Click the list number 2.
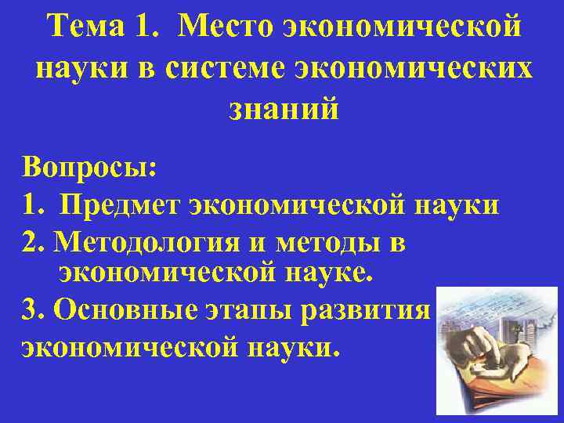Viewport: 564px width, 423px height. (33, 243)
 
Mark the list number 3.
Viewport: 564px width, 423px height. (32, 311)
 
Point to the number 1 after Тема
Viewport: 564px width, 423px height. (147, 28)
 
